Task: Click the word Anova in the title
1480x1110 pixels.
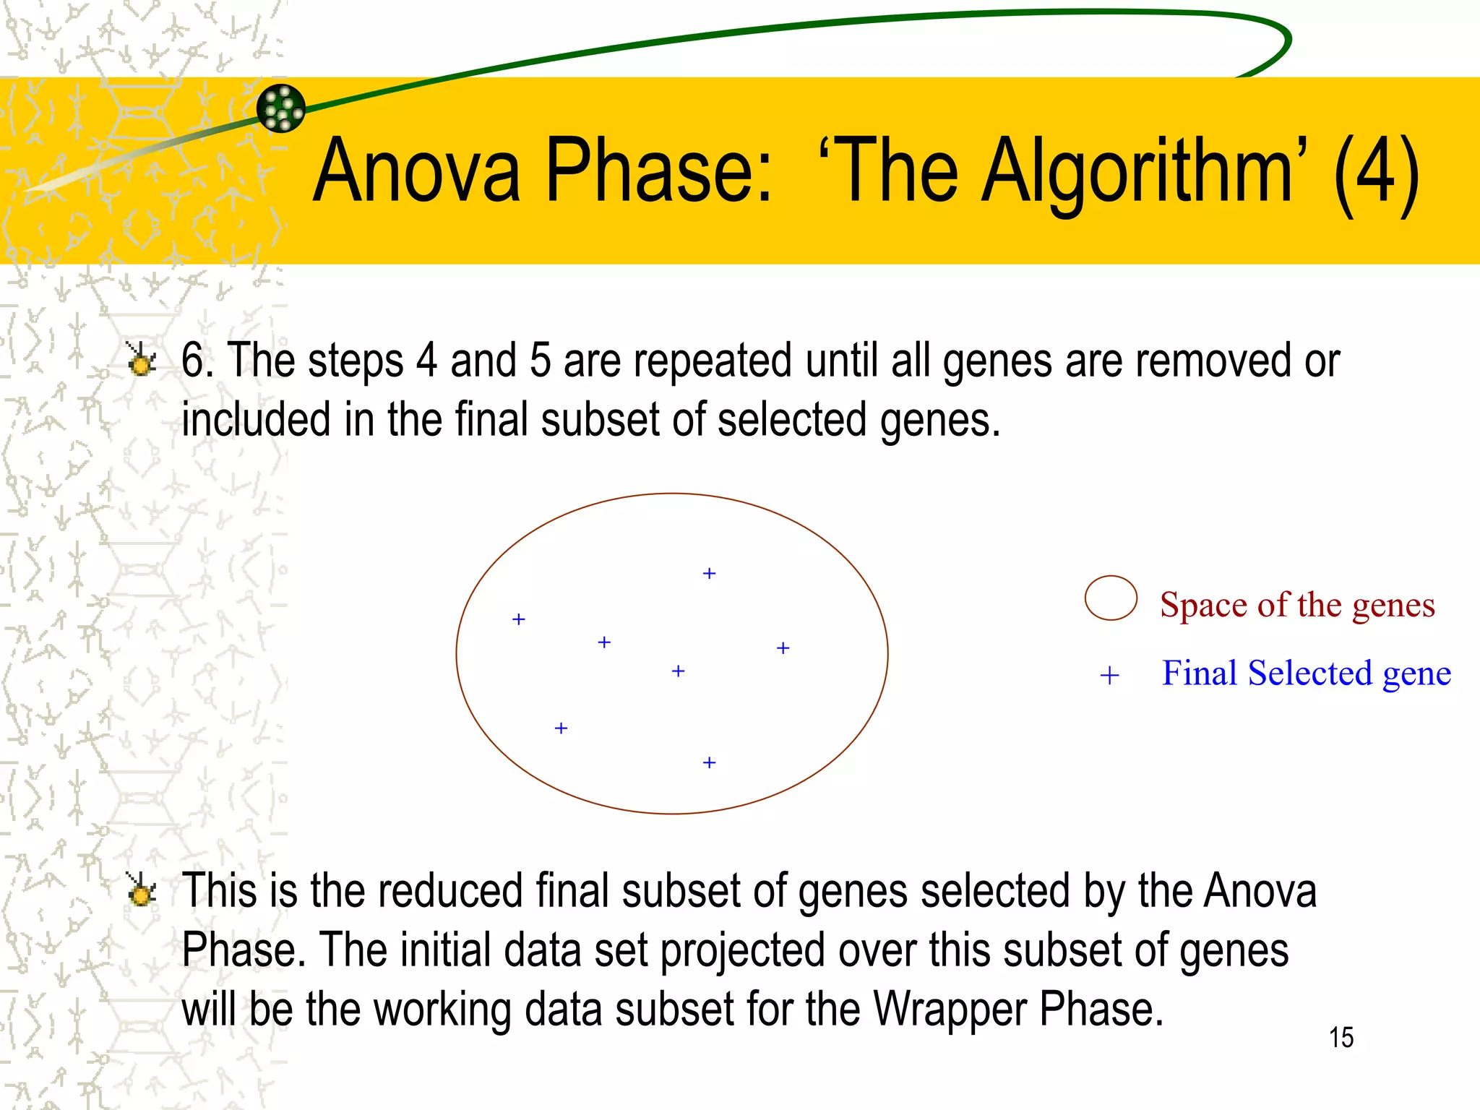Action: pos(417,172)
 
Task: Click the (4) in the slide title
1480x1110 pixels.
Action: pos(1376,173)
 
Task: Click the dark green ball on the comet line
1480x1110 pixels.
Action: pos(281,108)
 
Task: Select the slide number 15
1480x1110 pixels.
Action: pos(1341,1038)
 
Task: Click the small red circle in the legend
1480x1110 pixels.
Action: pos(1111,598)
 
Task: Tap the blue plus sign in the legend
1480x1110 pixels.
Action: pos(1109,676)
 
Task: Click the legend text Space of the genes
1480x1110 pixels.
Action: pos(1297,605)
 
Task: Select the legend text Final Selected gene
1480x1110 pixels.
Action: pos(1306,674)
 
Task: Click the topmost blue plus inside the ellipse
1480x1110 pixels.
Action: pos(709,574)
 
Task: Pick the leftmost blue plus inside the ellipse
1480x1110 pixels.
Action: pos(518,619)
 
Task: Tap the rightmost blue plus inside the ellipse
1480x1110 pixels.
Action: pos(783,648)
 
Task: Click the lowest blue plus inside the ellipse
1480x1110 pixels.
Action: pos(709,762)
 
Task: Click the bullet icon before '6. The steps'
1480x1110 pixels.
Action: pos(141,359)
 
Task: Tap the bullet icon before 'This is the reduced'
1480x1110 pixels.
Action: pos(141,890)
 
